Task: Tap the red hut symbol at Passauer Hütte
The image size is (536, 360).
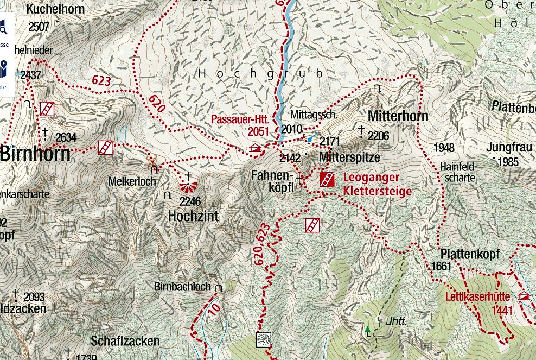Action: coord(256,148)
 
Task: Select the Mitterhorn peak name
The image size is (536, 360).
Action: coord(398,116)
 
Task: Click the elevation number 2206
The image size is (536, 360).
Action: coord(378,136)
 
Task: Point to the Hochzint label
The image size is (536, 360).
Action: coord(193,216)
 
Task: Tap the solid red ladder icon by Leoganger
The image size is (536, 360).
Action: coord(327,179)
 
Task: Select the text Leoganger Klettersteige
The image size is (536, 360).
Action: coord(377,185)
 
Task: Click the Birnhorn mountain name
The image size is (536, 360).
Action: coord(35,154)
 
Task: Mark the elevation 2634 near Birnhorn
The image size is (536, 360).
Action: coord(66,138)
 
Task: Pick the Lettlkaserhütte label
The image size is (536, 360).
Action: coord(477,297)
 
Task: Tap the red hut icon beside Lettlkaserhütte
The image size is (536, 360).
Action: coord(524,296)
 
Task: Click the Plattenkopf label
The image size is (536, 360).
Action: coord(470,254)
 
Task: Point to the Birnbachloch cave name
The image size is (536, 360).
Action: coord(182,287)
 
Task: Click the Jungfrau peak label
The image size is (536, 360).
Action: coord(502,147)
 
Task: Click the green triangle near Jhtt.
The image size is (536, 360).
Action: coord(368,329)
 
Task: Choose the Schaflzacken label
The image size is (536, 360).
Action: coord(125,341)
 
